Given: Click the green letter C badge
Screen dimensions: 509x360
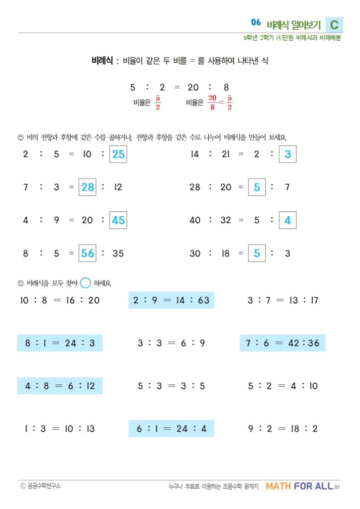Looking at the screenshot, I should pos(334,25).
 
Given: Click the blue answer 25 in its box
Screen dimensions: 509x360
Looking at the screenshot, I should pos(118,155).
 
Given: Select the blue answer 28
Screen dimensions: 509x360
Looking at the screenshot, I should pos(88,187).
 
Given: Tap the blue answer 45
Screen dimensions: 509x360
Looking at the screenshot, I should pos(118,220).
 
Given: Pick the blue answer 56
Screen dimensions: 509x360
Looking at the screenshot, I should pos(88,253).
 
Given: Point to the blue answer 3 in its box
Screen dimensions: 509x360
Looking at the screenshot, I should pos(288,155).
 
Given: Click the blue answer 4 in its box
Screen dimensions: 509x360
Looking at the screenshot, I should pos(288,220).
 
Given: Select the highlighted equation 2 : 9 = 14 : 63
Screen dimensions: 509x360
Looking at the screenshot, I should pos(171,300).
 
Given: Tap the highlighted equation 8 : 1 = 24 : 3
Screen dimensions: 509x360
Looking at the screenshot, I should pos(60,343).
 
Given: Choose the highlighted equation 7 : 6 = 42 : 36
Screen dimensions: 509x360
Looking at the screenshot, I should pos(282,343).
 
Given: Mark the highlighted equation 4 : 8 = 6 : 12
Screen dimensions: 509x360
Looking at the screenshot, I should pos(60,386).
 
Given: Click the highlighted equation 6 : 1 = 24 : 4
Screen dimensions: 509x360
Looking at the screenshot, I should pos(171,428).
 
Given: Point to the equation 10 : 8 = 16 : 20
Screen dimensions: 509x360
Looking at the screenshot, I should pos(60,300).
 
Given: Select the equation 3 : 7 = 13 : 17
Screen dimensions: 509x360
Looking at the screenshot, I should pos(282,300).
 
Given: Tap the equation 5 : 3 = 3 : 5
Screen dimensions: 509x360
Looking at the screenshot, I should pos(171,386).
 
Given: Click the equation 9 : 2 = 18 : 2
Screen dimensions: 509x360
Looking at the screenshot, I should pos(282,428).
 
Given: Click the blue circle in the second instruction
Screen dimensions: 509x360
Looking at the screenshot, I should pos(86,283).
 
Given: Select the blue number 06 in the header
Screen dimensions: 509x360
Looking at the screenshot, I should pos(256,22).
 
